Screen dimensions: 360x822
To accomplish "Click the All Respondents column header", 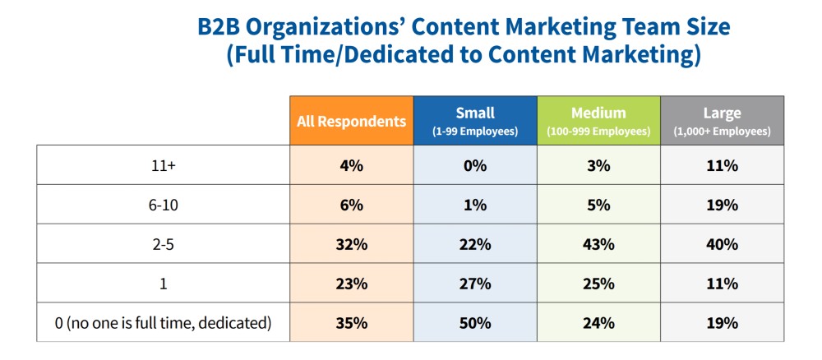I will (x=351, y=121).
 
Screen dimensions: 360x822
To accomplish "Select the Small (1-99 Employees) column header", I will (x=475, y=121).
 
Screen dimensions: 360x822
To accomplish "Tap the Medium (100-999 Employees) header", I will (x=598, y=121).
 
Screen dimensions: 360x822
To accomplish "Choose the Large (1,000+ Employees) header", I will (x=722, y=121).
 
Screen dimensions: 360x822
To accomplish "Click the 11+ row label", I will (x=163, y=165).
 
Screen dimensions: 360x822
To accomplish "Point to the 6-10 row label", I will (x=163, y=205).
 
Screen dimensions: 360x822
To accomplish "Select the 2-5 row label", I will (x=163, y=244).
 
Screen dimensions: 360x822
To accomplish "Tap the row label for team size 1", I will (x=163, y=284).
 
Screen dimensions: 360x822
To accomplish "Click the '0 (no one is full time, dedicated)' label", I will (x=163, y=323).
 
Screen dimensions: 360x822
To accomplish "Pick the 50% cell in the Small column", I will (x=475, y=323).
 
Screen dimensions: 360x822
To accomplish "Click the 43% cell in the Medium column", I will (x=598, y=244).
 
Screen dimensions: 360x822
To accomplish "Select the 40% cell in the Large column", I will (x=722, y=244).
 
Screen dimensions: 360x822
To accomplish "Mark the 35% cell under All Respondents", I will (x=351, y=323).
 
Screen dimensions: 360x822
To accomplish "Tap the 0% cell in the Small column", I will (x=475, y=165).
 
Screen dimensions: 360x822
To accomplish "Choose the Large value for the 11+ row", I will (x=722, y=165).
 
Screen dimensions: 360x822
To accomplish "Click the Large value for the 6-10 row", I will (x=722, y=205).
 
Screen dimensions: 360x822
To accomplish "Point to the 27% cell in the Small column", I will (x=475, y=284).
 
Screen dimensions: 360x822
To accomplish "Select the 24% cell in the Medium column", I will (x=598, y=323).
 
